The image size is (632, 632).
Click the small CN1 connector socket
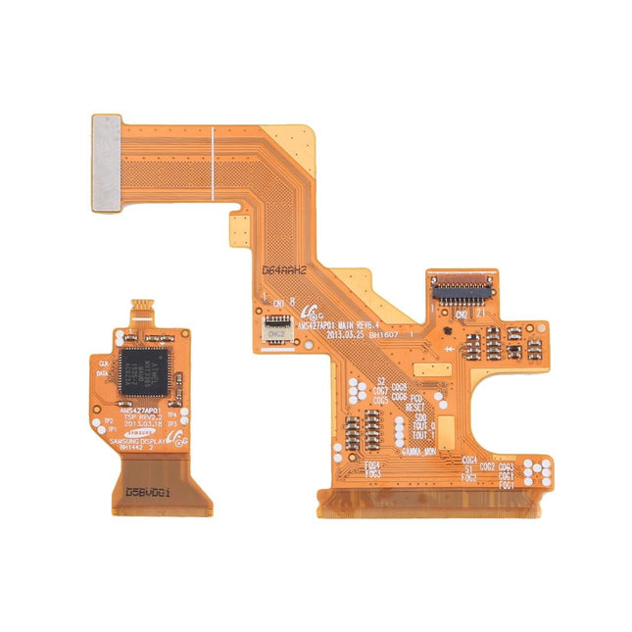click(277, 320)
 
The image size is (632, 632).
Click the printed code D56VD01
click(153, 494)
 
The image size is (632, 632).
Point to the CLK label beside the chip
click(104, 363)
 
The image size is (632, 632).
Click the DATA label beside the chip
click(104, 372)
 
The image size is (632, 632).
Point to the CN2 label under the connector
click(460, 315)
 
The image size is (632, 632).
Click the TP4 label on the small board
click(171, 414)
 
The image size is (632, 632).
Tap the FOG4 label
click(373, 464)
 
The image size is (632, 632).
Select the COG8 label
click(400, 388)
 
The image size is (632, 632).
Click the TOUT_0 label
click(424, 426)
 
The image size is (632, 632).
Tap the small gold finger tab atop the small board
click(140, 310)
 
